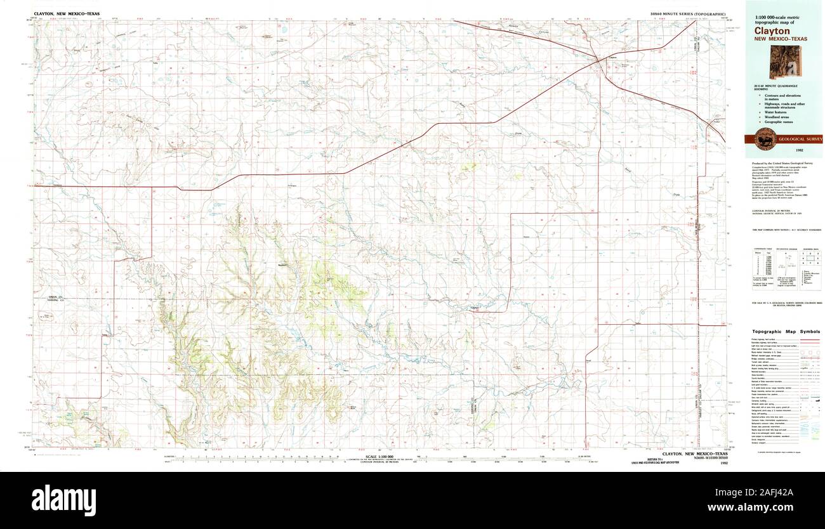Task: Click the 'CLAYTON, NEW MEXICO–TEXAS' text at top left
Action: (63, 13)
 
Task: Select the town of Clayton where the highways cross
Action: (600, 61)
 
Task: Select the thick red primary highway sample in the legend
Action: (808, 340)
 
